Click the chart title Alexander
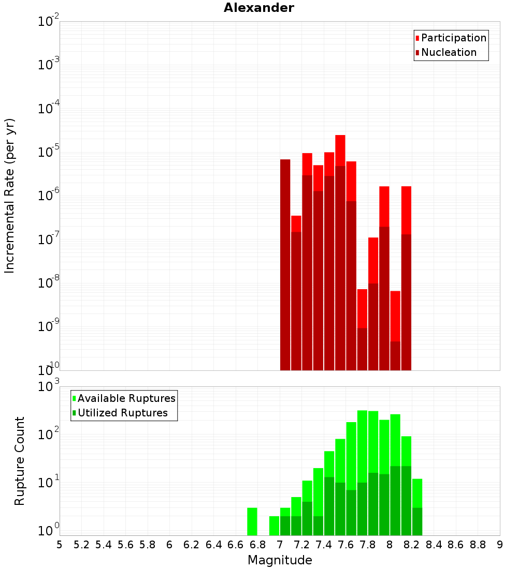click(258, 8)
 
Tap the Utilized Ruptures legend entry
click(122, 413)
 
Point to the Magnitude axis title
click(280, 560)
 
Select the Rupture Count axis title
click(20, 461)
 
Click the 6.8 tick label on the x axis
click(257, 545)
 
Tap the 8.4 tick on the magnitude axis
click(434, 545)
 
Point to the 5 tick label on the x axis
click(60, 545)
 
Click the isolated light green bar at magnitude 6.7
click(252, 521)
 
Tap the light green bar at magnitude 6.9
click(274, 526)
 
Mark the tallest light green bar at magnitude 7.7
click(362, 445)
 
